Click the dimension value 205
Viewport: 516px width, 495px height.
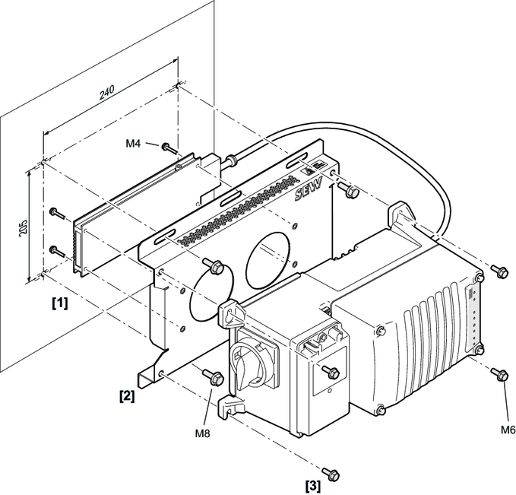pos(23,229)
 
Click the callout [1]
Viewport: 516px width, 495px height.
pos(59,303)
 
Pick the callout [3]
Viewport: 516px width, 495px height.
pos(312,484)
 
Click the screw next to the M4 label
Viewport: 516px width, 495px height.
pos(166,145)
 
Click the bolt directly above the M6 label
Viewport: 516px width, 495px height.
pos(499,373)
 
